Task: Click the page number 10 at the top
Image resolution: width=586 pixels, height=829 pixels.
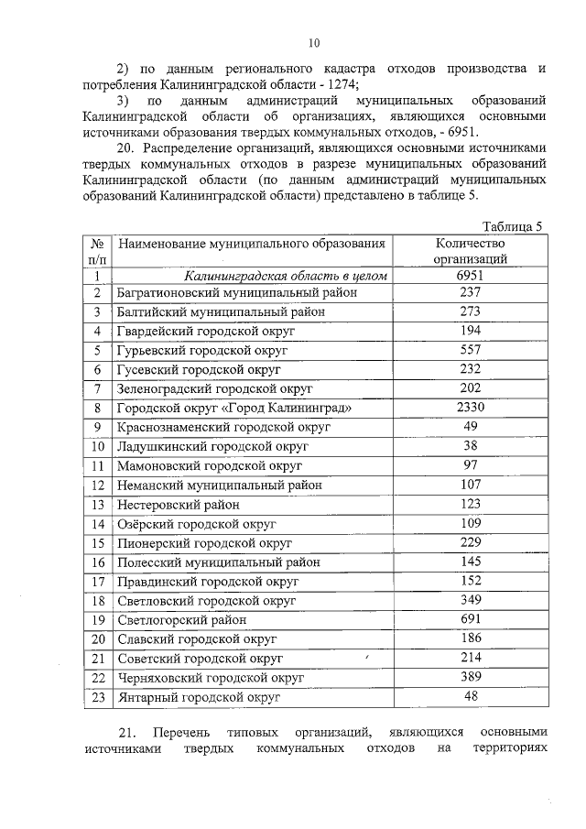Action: [314, 42]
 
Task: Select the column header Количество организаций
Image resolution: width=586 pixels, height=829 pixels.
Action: [470, 251]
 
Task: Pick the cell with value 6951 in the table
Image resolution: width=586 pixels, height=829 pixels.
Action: [470, 275]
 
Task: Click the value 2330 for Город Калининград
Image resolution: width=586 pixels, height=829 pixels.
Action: [470, 408]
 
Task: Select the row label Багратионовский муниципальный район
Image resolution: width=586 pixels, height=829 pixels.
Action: [237, 292]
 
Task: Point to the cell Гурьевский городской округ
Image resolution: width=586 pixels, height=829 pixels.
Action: [202, 350]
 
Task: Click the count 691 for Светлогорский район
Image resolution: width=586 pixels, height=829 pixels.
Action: [470, 618]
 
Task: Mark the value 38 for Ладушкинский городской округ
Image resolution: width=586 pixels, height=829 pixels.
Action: [470, 446]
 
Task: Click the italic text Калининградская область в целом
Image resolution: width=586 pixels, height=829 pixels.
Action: [286, 275]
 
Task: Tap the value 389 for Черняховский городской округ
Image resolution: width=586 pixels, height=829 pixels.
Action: [470, 677]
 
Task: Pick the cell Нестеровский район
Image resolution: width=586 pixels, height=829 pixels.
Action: [179, 504]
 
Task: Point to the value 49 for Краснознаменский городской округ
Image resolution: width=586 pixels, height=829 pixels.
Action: [470, 427]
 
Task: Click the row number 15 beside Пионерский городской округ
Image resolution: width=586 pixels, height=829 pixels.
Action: [98, 542]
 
